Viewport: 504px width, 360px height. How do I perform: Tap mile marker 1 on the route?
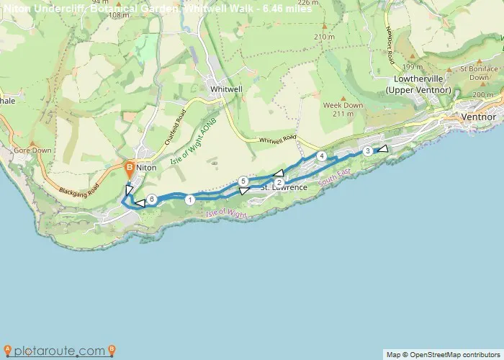tap(189, 200)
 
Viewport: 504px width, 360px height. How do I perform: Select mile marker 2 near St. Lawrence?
tap(279, 182)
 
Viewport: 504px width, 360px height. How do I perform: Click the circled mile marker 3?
tap(368, 150)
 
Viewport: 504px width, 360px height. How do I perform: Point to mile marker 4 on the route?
tap(322, 156)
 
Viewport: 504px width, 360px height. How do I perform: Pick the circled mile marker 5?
tap(243, 181)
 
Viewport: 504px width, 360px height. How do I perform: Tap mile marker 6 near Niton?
tap(151, 199)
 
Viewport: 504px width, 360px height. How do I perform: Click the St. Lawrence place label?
tap(284, 188)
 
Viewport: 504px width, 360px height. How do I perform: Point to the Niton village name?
tap(146, 167)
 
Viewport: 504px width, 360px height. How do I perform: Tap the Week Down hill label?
tap(343, 105)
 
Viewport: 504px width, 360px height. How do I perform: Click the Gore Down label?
tap(32, 150)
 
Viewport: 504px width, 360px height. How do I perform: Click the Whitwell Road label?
tap(277, 139)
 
